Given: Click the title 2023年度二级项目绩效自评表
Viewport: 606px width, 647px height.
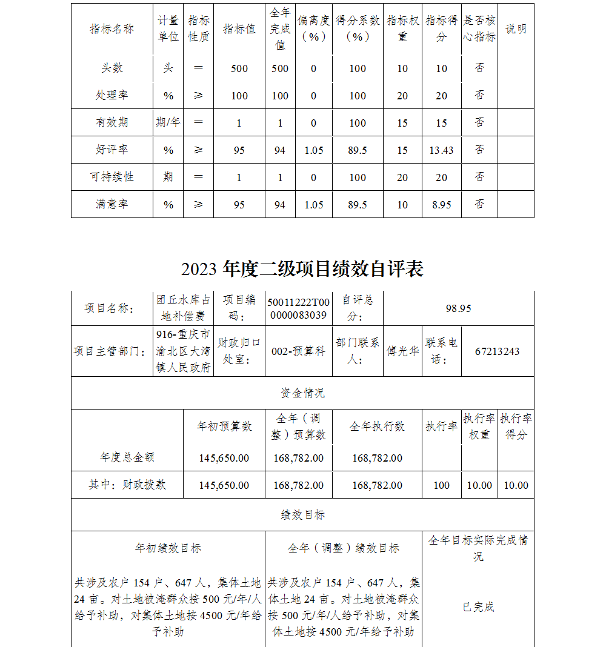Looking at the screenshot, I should coord(302,269).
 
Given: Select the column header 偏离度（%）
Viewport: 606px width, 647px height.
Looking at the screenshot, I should coord(314,28).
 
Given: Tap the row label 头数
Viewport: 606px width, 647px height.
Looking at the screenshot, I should coord(112,68).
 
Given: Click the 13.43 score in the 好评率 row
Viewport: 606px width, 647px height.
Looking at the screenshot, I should coord(441,150).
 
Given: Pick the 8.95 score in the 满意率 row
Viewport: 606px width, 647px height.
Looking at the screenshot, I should coord(441,205).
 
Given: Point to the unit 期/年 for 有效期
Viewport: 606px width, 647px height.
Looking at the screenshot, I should coord(168,123).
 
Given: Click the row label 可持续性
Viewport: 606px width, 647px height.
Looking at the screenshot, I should coord(112,178).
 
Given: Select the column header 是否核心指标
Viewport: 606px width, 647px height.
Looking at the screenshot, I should coord(479,28).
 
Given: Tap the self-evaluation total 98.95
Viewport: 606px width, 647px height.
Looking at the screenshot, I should coord(458,308).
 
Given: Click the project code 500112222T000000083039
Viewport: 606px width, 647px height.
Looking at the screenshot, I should coord(299,308).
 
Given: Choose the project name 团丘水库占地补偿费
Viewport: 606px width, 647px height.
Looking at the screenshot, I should coord(184,308).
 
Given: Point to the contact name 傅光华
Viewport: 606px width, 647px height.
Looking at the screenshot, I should coord(403,351).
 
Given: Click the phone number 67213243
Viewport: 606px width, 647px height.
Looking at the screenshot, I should coord(498,351).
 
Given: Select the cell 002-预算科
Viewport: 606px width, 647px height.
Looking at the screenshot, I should coord(298,351).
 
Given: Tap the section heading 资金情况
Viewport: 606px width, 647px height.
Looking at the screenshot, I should coord(302,393).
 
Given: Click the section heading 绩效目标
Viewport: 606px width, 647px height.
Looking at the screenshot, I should coord(302,515).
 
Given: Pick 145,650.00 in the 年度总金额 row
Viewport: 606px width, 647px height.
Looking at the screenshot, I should coord(224,458).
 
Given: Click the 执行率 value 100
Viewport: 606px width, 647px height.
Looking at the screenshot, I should coord(442,485).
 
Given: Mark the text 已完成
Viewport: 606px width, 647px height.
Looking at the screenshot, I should coord(478,607).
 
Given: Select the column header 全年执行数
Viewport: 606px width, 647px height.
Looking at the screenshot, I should coord(377,426).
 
